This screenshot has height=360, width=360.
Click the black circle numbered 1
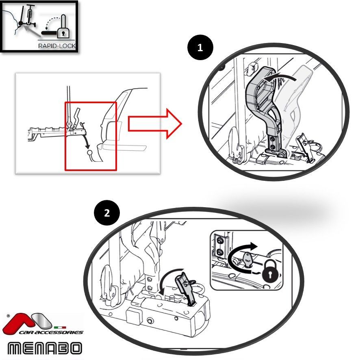(200, 48)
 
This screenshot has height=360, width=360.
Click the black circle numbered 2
(107, 213)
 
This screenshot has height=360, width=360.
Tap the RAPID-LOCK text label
(57, 46)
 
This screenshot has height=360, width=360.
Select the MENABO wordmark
(45, 348)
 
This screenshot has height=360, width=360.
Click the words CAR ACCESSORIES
(51, 332)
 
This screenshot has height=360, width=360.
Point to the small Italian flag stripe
(60, 327)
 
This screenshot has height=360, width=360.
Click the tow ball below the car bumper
(90, 152)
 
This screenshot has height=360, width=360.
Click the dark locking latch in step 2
(186, 289)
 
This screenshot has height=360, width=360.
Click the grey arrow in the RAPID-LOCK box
(32, 31)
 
